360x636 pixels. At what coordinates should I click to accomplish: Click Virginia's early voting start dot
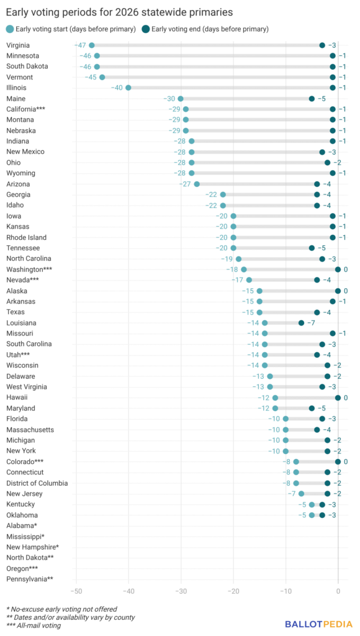click(x=92, y=45)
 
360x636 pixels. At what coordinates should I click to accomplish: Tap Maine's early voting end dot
click(x=312, y=99)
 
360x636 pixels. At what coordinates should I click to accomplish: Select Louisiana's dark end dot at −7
click(x=301, y=323)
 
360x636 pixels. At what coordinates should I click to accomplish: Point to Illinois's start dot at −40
click(x=128, y=88)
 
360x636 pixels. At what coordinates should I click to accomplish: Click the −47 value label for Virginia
click(x=80, y=45)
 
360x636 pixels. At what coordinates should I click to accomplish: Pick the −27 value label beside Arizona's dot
click(x=185, y=184)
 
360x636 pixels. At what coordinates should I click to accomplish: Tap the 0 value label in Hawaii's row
click(x=346, y=397)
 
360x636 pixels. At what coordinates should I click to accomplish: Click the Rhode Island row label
click(x=26, y=237)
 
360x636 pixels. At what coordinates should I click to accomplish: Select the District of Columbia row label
click(x=37, y=483)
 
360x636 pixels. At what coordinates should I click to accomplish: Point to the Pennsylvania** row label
click(x=30, y=579)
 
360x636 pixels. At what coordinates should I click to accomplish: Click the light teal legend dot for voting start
click(x=10, y=29)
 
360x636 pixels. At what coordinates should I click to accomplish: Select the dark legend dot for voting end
click(x=145, y=29)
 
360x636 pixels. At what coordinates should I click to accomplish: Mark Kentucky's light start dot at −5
click(x=312, y=504)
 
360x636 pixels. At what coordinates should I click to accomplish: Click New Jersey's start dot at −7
click(x=301, y=494)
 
